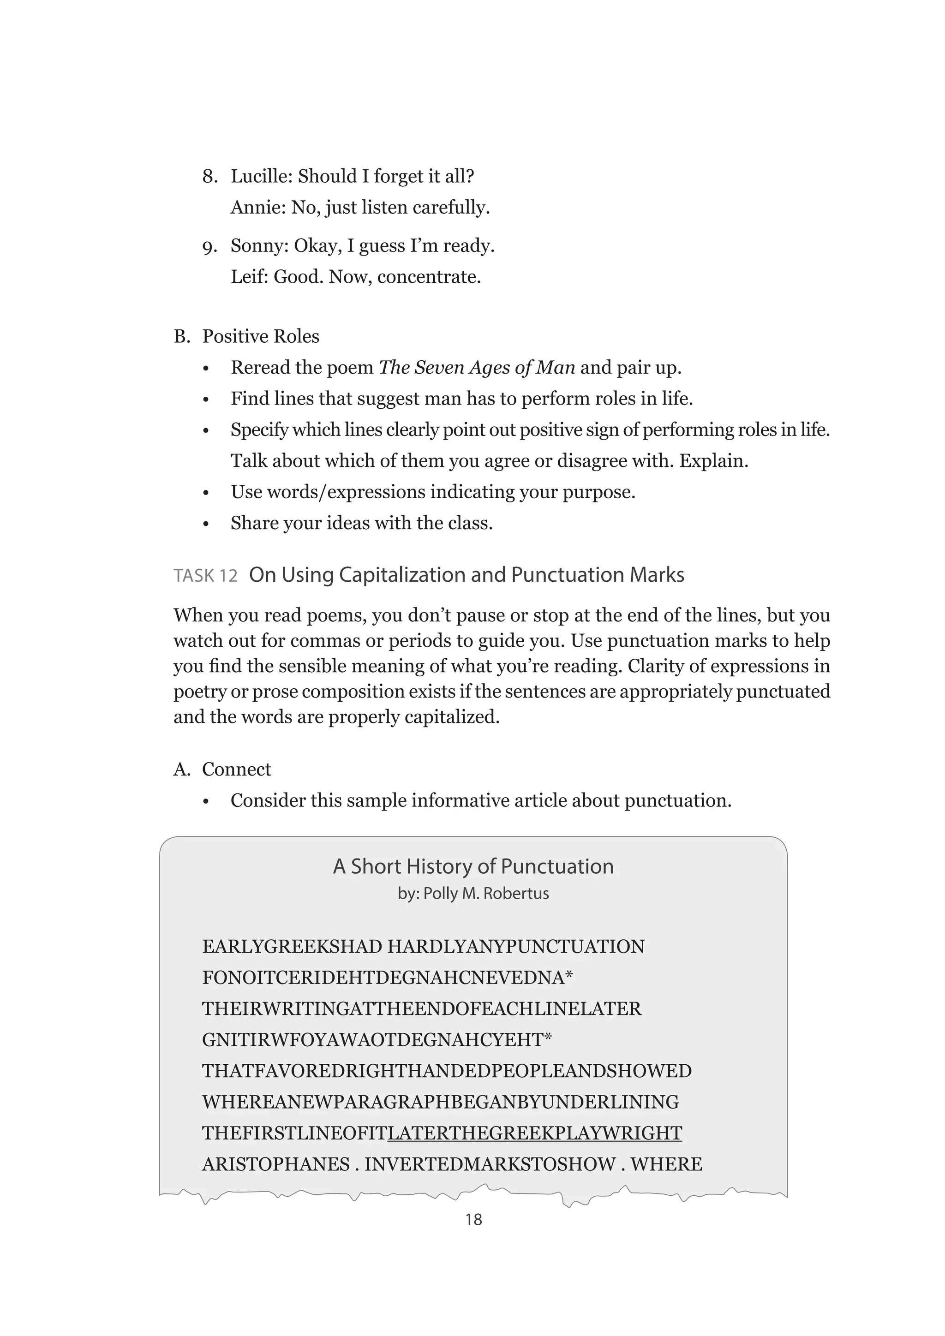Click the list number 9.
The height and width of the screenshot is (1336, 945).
click(209, 247)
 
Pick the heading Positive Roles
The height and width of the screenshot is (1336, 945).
click(261, 336)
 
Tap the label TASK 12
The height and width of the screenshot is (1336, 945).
click(205, 575)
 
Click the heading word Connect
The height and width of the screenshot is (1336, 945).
click(236, 769)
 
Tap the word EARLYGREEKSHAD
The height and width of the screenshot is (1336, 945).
click(292, 947)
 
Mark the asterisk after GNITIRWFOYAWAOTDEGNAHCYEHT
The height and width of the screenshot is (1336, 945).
click(548, 1038)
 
